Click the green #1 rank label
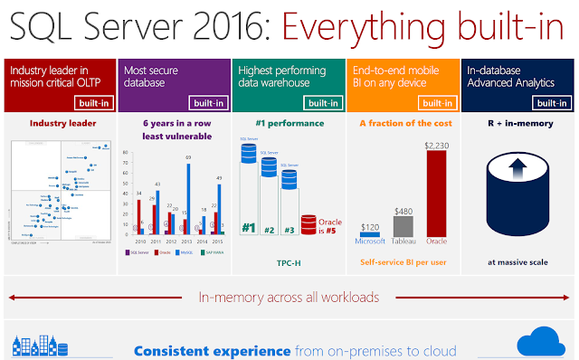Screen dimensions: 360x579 tap(249, 229)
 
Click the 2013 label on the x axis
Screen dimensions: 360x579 tap(184, 242)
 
